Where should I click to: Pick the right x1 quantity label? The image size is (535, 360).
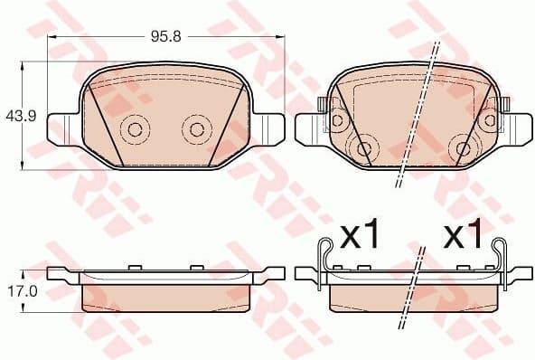[465, 237]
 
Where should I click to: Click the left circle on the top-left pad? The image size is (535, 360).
[135, 128]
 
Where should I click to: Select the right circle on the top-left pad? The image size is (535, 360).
[194, 128]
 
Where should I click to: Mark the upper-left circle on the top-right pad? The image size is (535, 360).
[336, 119]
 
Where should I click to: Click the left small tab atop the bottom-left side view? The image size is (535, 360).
[134, 266]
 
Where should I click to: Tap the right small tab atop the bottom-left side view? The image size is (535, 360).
[194, 266]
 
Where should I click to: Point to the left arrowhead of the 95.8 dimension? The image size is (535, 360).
[51, 38]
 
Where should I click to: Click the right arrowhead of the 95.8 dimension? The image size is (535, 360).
[280, 38]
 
